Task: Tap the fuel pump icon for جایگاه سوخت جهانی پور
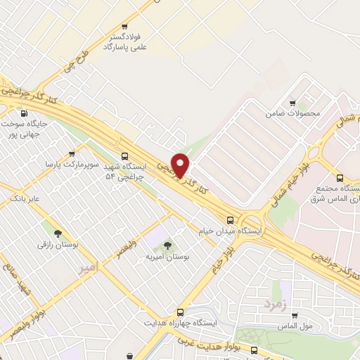pyautogui.click(x=25, y=113)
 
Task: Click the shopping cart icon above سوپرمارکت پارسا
pyautogui.click(x=71, y=153)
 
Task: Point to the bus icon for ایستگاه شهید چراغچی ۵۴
pyautogui.click(x=124, y=156)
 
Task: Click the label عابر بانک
pyautogui.click(x=25, y=200)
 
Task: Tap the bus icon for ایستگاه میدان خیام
pyautogui.click(x=231, y=219)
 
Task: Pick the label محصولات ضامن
pyautogui.click(x=293, y=113)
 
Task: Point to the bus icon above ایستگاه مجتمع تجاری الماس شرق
pyautogui.click(x=340, y=178)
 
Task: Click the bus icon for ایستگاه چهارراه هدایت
pyautogui.click(x=180, y=311)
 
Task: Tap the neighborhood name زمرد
pyautogui.click(x=276, y=304)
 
